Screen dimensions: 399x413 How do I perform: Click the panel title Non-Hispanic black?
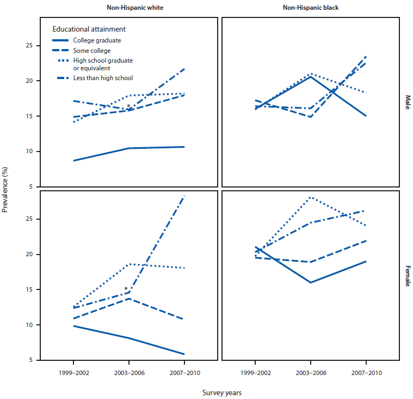pos(310,7)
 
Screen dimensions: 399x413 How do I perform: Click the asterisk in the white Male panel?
pos(128,106)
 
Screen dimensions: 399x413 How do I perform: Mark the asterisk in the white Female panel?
pos(126,289)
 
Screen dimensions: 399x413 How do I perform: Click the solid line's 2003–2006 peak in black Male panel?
pos(310,76)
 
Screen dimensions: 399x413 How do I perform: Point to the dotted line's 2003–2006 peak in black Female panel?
pos(310,197)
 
